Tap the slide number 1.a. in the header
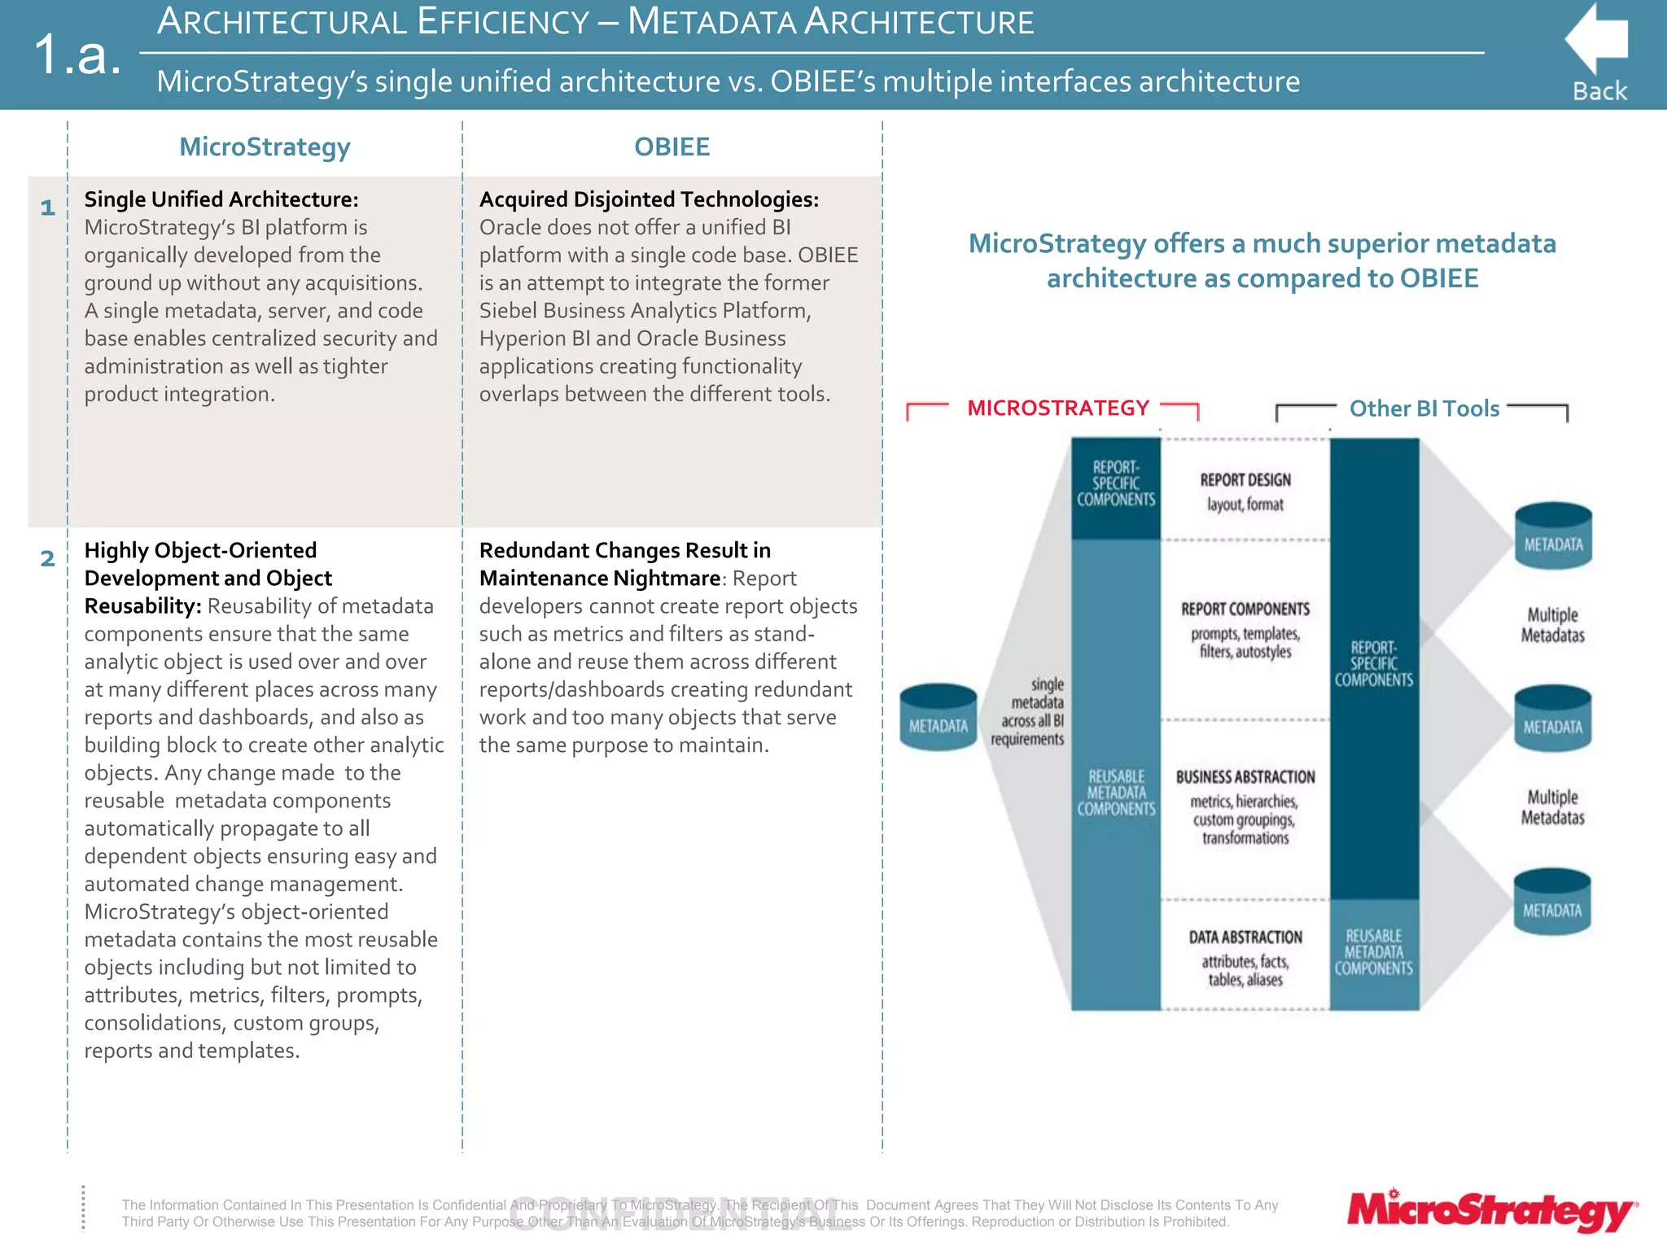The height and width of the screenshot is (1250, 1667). (78, 55)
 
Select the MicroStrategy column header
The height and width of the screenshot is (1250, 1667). (265, 146)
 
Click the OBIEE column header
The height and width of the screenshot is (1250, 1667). (672, 146)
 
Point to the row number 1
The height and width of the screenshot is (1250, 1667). (48, 208)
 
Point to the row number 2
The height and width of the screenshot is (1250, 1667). (48, 558)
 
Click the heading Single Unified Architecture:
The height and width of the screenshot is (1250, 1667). (221, 199)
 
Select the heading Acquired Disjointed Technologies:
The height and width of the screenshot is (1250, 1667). (649, 199)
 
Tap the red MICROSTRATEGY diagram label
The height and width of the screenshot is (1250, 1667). (1057, 408)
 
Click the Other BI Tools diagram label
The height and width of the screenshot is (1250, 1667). (1424, 409)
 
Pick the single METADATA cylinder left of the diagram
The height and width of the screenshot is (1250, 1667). (938, 717)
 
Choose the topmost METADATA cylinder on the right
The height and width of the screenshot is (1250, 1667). (1553, 535)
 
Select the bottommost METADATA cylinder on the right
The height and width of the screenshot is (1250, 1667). (1552, 902)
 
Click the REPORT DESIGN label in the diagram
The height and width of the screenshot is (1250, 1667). (1245, 480)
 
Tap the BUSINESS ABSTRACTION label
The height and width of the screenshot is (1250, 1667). (1245, 777)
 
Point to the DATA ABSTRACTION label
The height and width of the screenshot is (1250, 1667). (1245, 937)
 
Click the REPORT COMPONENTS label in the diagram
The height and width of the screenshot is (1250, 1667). (1245, 609)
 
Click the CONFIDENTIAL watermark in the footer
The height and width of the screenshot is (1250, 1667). (680, 1215)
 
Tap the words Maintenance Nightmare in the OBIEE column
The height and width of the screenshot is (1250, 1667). (600, 579)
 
